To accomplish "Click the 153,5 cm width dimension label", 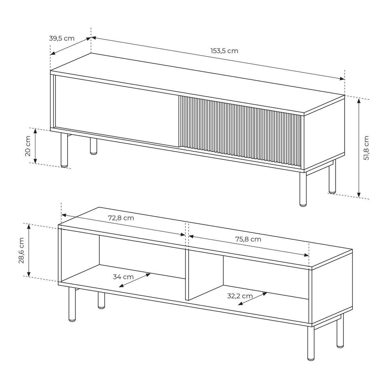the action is point(224,51).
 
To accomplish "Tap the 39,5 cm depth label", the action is point(62,38).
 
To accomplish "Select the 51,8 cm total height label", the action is point(366,148).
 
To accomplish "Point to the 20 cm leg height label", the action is point(28,146).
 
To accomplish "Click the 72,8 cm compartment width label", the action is point(121,218).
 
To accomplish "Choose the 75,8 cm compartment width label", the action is point(248,239).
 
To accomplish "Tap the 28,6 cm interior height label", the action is point(21,251).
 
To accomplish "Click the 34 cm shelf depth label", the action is point(123,277).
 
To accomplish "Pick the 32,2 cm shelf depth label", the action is point(240,296).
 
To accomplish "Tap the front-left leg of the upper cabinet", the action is point(64,150).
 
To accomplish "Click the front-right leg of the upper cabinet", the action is point(303,189).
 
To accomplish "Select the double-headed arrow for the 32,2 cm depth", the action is point(252,299).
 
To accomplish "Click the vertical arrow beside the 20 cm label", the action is point(35,146).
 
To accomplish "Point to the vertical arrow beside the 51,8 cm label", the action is point(359,148).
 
